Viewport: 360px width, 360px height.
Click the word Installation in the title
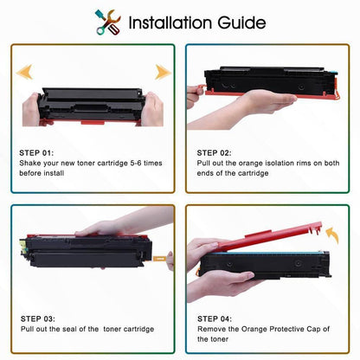point(176,22)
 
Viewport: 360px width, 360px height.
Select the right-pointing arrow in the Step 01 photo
point(161,72)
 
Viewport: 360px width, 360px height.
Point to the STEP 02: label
point(216,152)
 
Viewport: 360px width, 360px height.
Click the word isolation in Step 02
point(275,164)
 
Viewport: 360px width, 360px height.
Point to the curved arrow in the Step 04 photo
point(330,233)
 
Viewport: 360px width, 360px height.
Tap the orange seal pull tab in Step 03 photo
point(161,257)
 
